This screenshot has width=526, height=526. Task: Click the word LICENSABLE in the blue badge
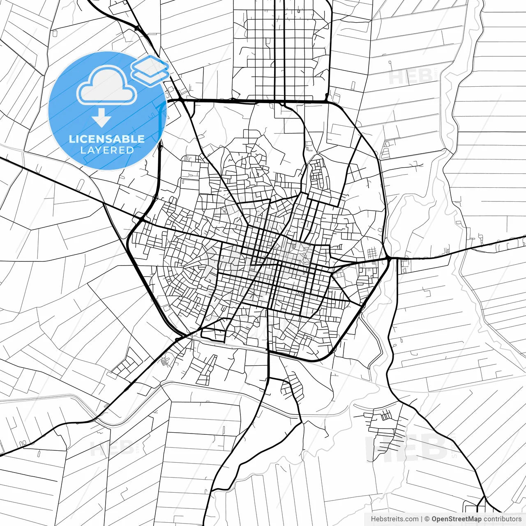point(107,139)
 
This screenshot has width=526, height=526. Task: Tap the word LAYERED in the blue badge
point(107,150)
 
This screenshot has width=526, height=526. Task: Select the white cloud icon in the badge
point(107,86)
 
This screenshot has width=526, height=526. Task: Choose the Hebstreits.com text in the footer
point(394,519)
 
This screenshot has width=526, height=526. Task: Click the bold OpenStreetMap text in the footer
point(456,519)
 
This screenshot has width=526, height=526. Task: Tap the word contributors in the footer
point(502,519)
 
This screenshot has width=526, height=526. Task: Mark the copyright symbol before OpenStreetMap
point(427,519)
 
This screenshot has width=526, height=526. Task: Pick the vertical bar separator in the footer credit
point(422,519)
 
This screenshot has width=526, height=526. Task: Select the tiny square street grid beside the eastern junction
point(371,253)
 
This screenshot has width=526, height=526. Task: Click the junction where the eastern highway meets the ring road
point(389,258)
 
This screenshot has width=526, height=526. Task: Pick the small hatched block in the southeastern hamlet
point(386,416)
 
